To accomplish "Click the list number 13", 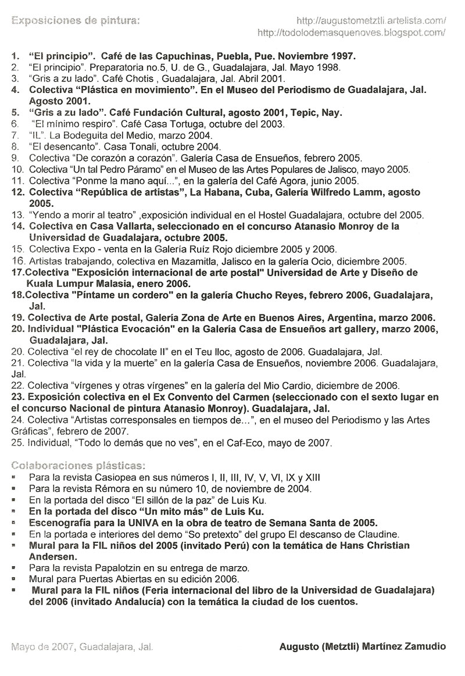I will [17, 215].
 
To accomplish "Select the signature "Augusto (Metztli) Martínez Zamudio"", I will [363, 646].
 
